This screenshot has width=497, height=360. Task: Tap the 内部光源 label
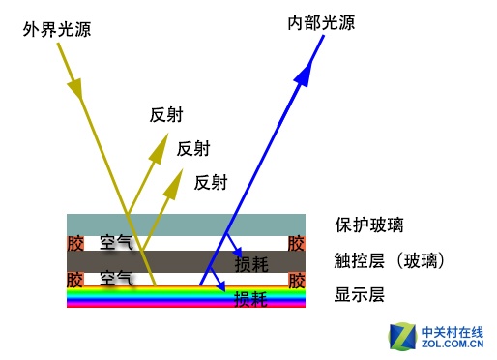coord(322,21)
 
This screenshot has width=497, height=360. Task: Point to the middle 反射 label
coord(192,148)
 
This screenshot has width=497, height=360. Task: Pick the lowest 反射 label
coord(211,182)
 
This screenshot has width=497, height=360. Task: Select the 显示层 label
coord(360,295)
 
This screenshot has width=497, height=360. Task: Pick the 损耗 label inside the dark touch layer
coord(252,263)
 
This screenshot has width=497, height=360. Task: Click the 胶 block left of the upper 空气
coord(74,243)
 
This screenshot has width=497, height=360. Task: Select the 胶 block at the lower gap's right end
coord(297,280)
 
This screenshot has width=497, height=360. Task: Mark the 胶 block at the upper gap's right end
coord(297,243)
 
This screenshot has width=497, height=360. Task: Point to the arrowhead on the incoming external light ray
coord(74,91)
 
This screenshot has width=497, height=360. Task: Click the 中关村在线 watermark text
coord(453,331)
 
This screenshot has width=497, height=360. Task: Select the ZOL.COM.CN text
coord(453,344)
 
